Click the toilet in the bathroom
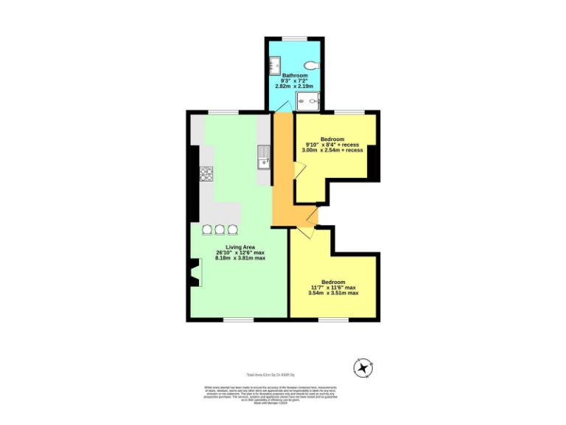(x=312, y=64)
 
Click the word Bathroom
(x=293, y=75)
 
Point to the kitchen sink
(x=263, y=156)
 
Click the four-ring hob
(x=206, y=174)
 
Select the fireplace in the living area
(x=194, y=273)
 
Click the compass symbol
(x=363, y=367)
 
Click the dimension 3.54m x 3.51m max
(x=333, y=293)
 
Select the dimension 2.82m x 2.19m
(x=293, y=86)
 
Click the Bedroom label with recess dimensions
(x=332, y=139)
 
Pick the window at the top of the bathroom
(x=294, y=38)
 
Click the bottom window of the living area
(x=237, y=319)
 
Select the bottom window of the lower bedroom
(x=332, y=319)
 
